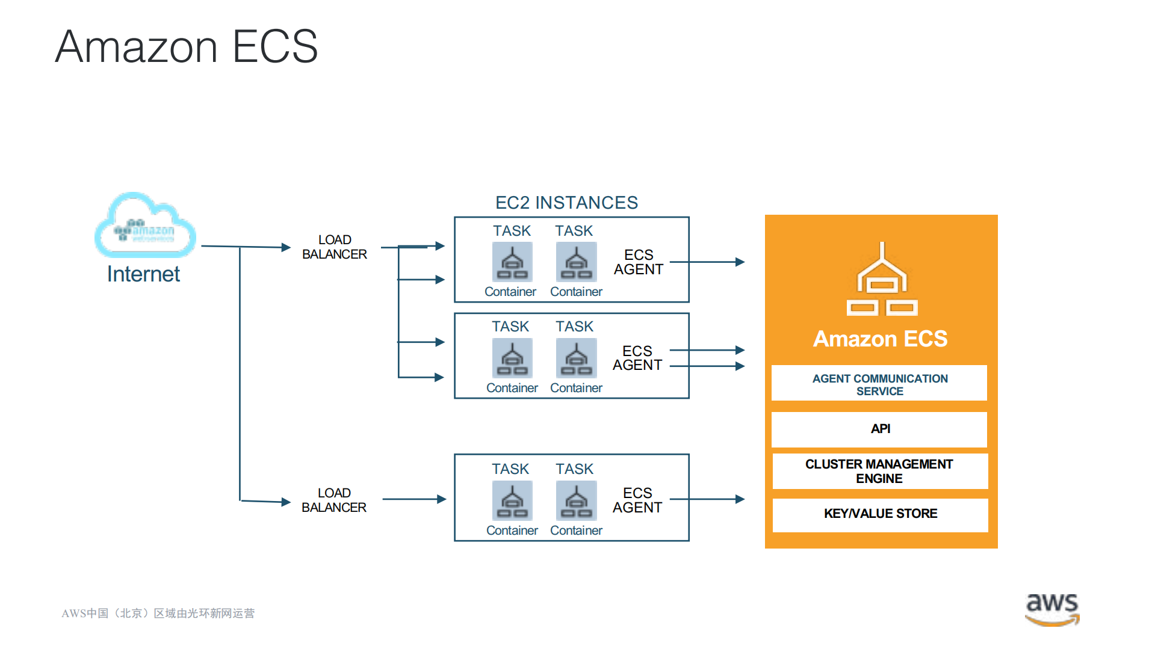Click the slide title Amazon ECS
click(x=187, y=47)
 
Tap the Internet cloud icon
click(x=145, y=226)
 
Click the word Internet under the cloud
click(x=143, y=274)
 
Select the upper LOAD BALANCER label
click(x=334, y=247)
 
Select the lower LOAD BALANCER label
click(x=333, y=500)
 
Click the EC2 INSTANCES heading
click(x=566, y=203)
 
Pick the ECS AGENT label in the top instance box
click(x=638, y=262)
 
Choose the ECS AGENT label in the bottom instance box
click(x=637, y=500)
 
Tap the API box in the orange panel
click(x=879, y=429)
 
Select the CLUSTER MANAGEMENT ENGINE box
click(x=879, y=472)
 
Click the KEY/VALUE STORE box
click(x=880, y=514)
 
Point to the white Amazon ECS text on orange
click(x=880, y=339)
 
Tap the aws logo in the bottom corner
click(x=1051, y=609)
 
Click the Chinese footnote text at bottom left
click(x=158, y=614)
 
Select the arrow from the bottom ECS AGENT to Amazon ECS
click(x=707, y=499)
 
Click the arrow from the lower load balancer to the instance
click(x=414, y=499)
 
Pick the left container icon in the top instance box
click(x=512, y=262)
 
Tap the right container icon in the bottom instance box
click(x=576, y=500)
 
